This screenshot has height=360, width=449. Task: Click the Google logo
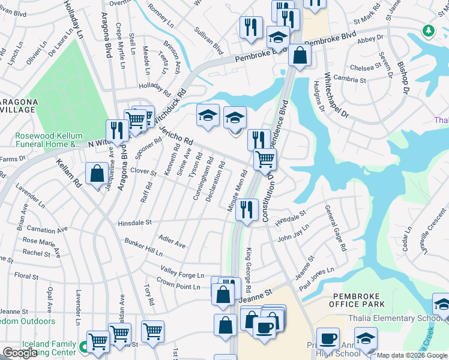click(x=20, y=353)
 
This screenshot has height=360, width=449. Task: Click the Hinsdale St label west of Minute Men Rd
click(x=134, y=222)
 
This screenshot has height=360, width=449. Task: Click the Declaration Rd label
click(x=214, y=181)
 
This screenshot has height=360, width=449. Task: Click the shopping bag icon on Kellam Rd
click(x=97, y=175)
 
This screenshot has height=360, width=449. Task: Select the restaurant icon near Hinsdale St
click(x=246, y=210)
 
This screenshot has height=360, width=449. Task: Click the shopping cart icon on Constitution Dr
click(x=265, y=160)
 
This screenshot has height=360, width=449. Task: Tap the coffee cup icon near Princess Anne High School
click(x=327, y=339)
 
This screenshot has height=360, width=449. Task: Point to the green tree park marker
click(x=428, y=30)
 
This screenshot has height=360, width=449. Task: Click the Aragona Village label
click(x=19, y=106)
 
